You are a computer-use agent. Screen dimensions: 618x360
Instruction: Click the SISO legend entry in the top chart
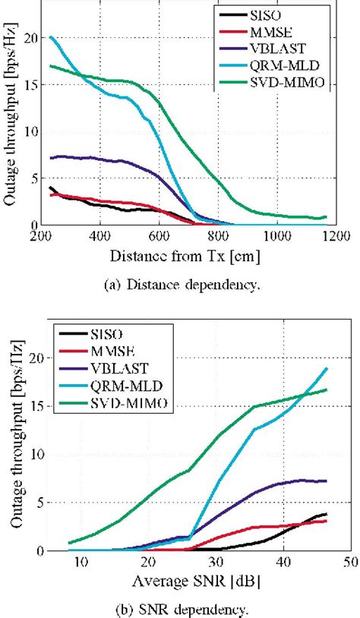(274, 14)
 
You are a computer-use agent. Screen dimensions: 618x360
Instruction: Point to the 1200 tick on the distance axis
(337, 236)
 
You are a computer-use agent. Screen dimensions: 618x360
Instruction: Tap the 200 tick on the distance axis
(41, 236)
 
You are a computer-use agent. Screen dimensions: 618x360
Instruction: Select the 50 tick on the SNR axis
(349, 562)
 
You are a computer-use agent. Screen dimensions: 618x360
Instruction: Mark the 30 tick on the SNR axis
(215, 562)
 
